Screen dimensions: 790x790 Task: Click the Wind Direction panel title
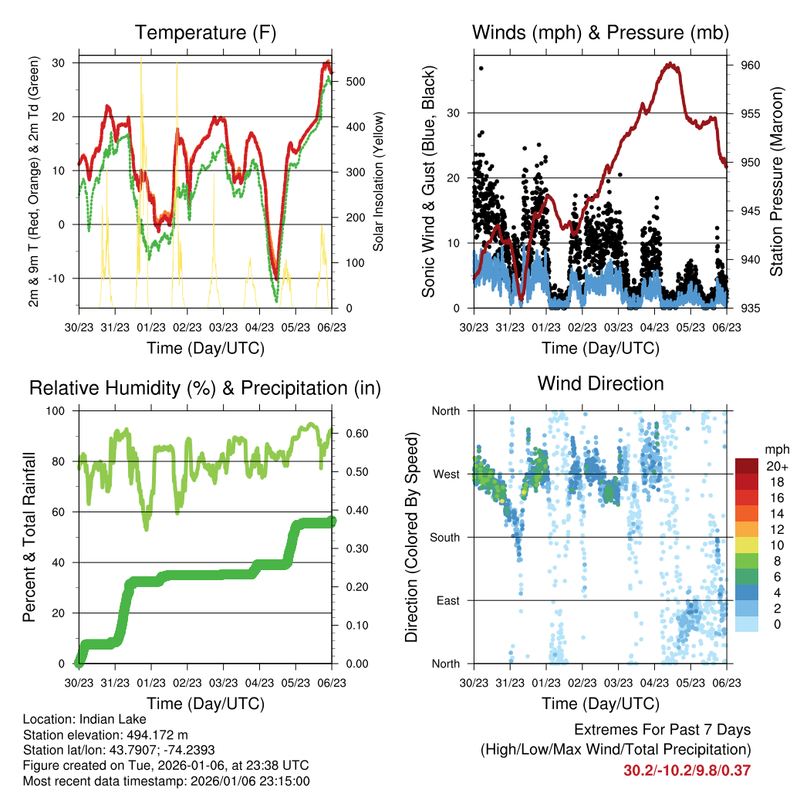[600, 383]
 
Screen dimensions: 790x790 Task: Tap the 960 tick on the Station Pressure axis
[751, 65]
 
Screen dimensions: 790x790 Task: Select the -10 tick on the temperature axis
[59, 278]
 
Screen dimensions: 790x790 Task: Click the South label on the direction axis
[446, 537]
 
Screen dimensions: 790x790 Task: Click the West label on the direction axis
[447, 474]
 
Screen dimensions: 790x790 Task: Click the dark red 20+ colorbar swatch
[746, 466]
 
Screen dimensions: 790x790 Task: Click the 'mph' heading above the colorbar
[776, 449]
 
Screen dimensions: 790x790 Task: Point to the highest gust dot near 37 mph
[481, 68]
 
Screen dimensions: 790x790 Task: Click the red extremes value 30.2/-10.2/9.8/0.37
[687, 770]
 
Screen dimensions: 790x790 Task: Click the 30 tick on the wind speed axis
[454, 113]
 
